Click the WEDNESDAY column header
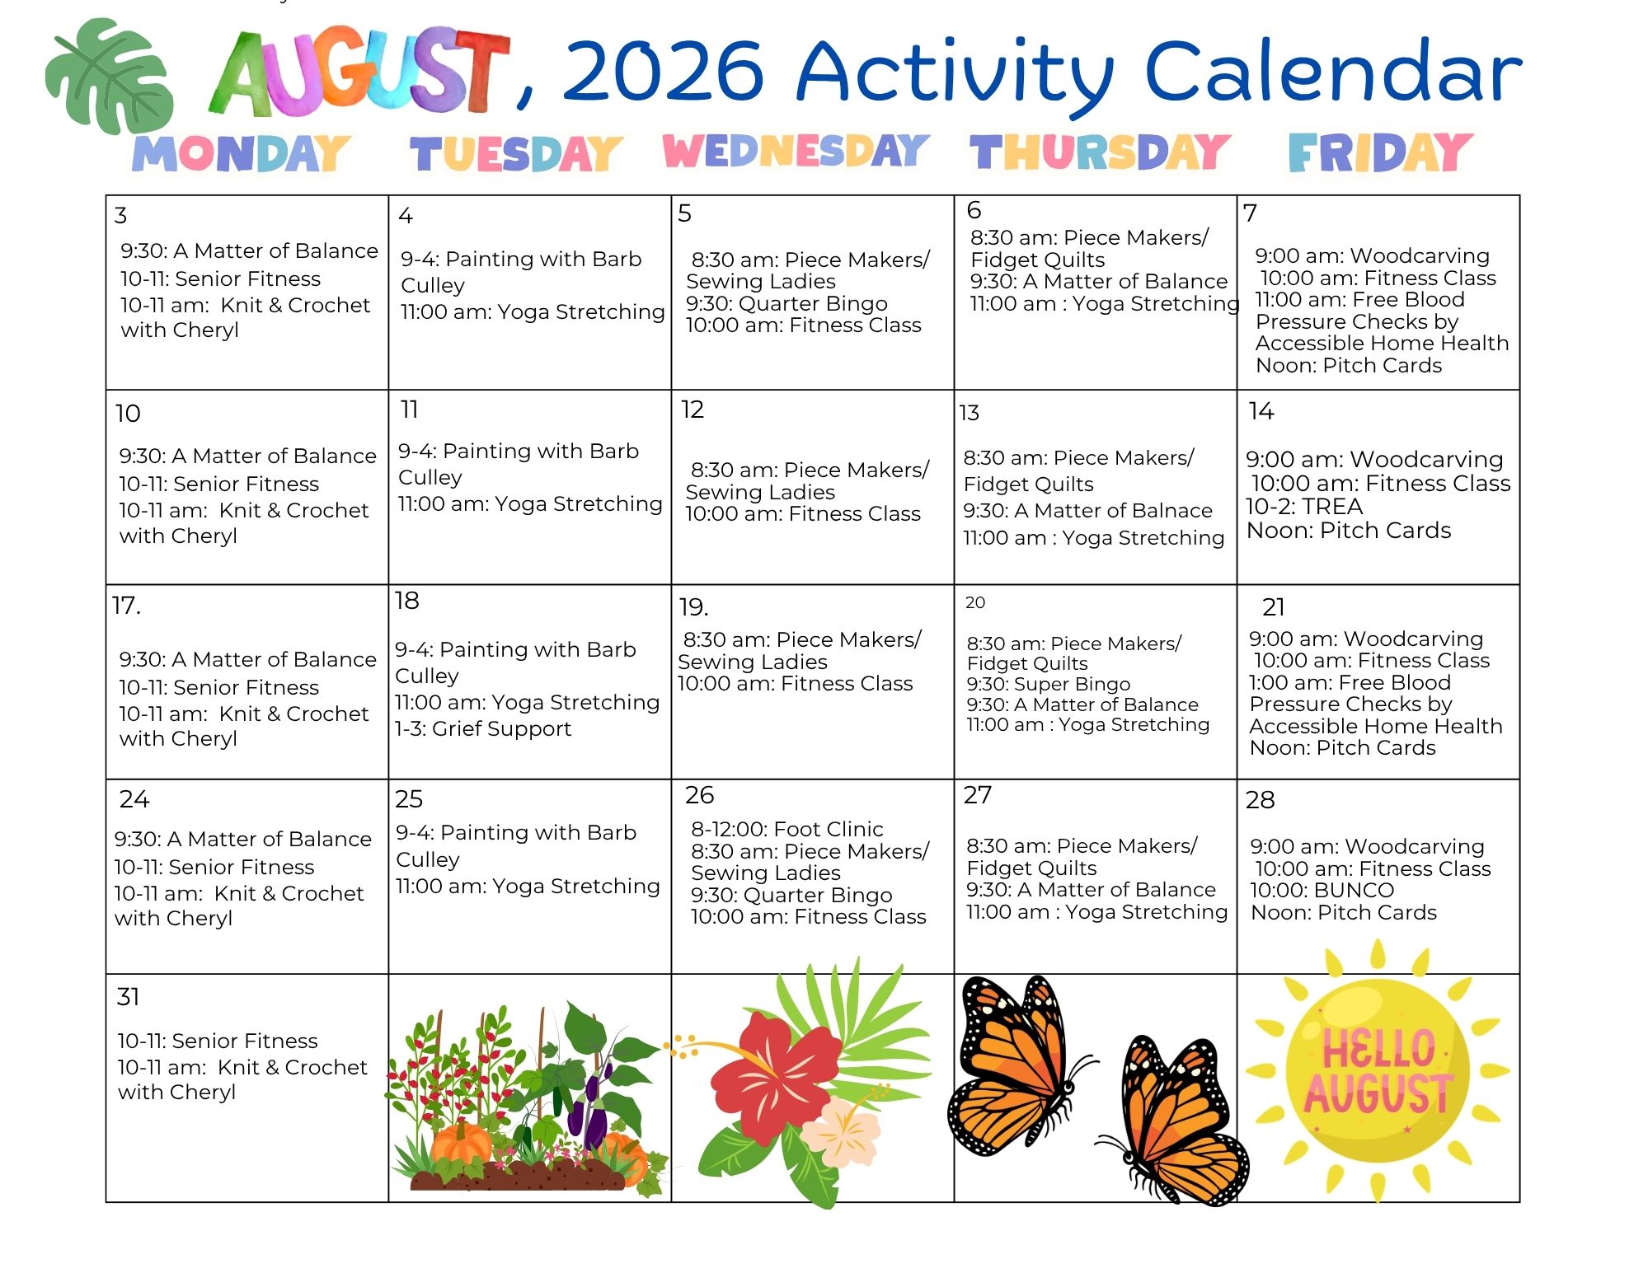(796, 152)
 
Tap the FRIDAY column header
(1380, 153)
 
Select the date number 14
(1261, 411)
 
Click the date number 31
(128, 997)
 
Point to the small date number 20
(975, 602)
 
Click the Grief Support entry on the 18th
(483, 728)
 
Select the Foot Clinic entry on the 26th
(787, 829)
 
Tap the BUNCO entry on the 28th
(1322, 890)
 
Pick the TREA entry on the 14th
(1304, 506)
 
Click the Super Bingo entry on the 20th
(1049, 684)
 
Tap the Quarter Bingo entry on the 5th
(786, 303)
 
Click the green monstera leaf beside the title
(110, 76)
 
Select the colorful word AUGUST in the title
(360, 71)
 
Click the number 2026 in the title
(664, 71)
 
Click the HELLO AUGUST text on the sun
(1378, 1071)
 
